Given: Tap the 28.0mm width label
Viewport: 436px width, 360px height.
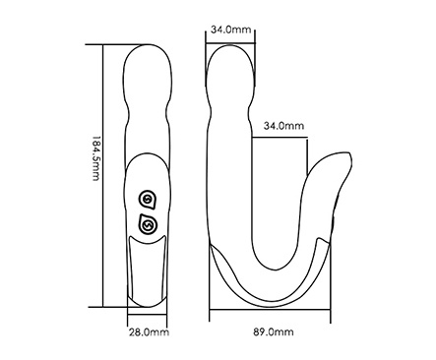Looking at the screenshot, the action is tap(149, 332).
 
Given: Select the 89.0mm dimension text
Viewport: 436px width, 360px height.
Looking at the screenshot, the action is tap(274, 332).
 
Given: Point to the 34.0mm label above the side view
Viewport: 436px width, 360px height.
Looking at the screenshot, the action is tap(230, 30).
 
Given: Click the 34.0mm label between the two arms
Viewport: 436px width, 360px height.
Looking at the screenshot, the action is tap(283, 126).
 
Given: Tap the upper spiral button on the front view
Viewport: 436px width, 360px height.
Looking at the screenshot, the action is tap(147, 200).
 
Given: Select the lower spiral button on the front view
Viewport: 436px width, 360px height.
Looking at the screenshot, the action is tap(148, 225).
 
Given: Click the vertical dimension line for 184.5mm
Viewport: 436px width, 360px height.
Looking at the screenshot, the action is tap(103, 176).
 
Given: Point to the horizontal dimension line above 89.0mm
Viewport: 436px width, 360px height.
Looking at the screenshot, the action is tap(270, 312).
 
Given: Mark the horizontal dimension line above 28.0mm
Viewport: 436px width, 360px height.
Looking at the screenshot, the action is tap(147, 315).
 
